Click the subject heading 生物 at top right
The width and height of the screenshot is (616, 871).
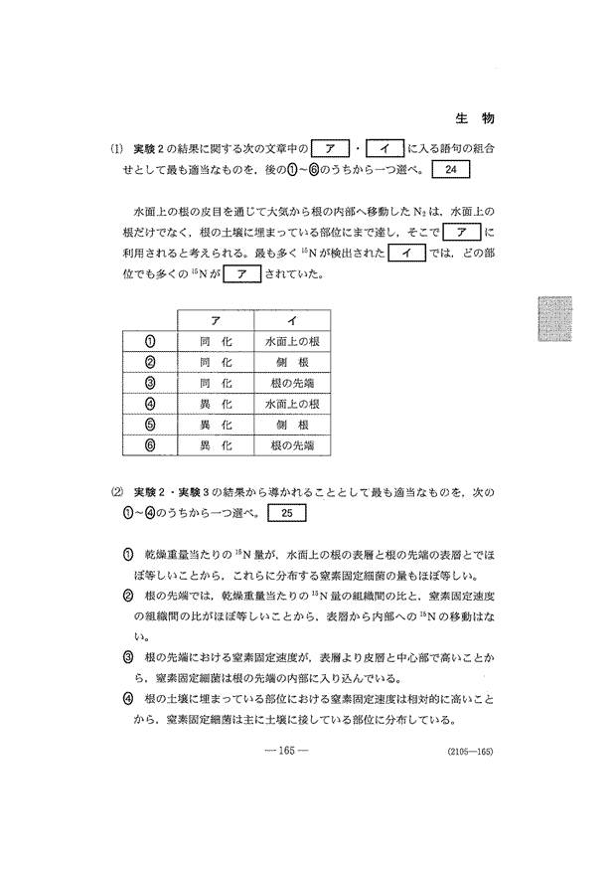pos(476,117)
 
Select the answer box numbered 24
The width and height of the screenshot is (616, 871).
pos(452,169)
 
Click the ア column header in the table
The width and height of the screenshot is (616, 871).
pos(216,320)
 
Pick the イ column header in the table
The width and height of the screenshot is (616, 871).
pos(291,320)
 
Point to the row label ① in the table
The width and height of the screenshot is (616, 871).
pos(152,341)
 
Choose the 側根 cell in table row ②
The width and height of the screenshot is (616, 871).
pos(291,362)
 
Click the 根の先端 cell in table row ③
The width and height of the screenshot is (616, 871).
pos(291,383)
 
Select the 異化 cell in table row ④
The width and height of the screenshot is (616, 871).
pos(216,404)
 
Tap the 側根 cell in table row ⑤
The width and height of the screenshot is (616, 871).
pos(291,425)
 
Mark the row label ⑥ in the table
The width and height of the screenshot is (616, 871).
pos(152,445)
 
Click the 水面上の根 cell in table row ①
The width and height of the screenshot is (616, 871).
pos(291,341)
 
